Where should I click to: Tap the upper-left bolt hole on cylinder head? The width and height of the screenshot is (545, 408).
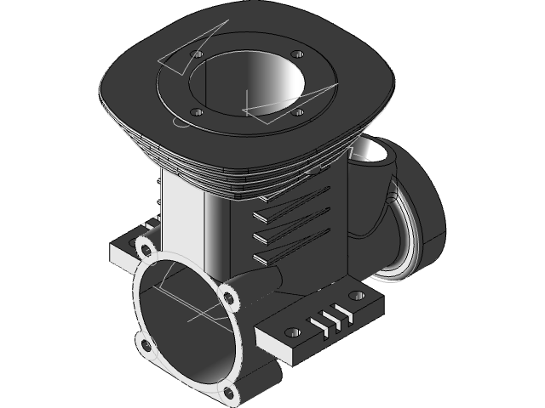click(x=198, y=54)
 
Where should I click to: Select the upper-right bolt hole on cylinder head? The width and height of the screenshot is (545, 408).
click(x=297, y=55)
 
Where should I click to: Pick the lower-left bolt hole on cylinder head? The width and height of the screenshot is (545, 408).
click(x=196, y=112)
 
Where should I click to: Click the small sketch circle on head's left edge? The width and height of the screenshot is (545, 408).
click(x=179, y=122)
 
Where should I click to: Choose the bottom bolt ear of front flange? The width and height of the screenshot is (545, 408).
click(x=227, y=392)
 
